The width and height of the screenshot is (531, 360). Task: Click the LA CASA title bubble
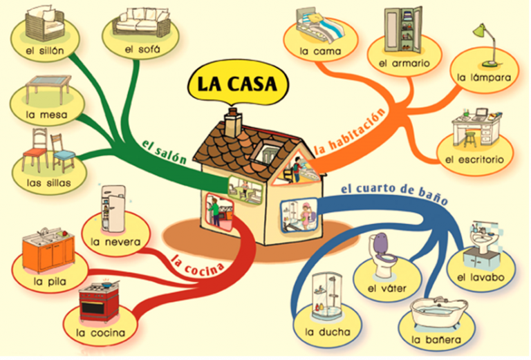(238, 83)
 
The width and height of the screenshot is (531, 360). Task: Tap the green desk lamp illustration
(487, 45)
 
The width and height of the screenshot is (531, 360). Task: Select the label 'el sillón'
(45, 51)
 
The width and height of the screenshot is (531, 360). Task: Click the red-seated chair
(34, 151)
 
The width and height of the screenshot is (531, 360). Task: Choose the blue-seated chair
(63, 153)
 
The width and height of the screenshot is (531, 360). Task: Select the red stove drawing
(99, 301)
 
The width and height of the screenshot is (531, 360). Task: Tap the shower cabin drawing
(326, 296)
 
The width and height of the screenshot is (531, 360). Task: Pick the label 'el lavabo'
(481, 278)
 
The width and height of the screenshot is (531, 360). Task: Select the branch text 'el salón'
(164, 152)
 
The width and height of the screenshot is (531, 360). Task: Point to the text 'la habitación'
(350, 131)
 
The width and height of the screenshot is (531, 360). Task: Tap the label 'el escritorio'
(474, 160)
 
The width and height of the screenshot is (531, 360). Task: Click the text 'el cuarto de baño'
(394, 193)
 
